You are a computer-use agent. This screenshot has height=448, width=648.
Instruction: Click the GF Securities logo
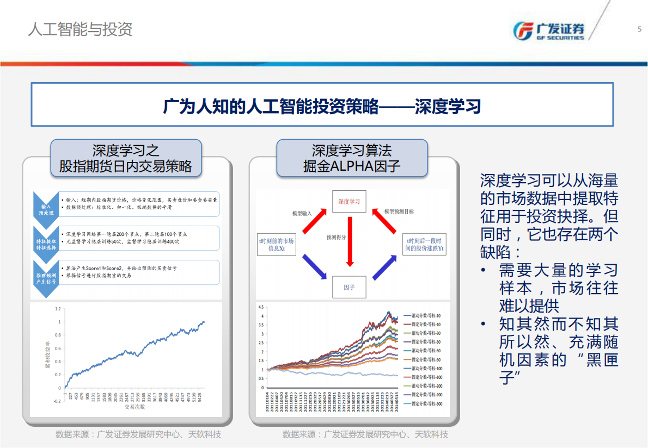coord(549,31)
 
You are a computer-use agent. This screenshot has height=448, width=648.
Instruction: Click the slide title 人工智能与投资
coord(80,29)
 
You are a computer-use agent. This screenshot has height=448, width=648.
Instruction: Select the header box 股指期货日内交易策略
coord(126,158)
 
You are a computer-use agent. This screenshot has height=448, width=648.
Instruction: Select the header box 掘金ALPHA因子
coord(352,158)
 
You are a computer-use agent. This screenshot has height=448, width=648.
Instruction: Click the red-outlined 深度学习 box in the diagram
coord(349,201)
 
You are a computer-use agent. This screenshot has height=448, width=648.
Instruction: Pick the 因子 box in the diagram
coord(349,287)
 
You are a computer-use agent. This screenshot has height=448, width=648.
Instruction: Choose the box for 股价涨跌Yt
coord(425,245)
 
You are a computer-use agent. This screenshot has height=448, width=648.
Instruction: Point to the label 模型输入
coord(302,213)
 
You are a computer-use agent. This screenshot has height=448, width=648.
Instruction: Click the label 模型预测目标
coord(399,211)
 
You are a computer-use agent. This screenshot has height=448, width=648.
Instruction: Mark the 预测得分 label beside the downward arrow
coord(337,238)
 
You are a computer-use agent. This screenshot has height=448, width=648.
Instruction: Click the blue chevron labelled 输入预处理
coord(45,209)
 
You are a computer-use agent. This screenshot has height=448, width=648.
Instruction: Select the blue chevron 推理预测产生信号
coord(45,279)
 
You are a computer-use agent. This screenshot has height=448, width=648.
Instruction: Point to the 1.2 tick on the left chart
coord(58,308)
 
